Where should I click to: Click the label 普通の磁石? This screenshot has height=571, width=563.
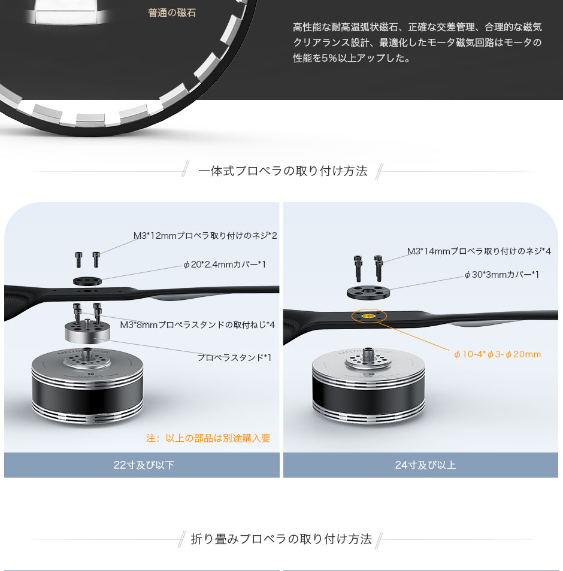coord(172,13)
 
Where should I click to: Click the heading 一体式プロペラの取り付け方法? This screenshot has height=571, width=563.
coord(283,171)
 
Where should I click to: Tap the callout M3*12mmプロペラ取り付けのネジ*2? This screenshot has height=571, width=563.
coord(205,236)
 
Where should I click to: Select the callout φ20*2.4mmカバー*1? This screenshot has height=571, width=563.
coord(225,265)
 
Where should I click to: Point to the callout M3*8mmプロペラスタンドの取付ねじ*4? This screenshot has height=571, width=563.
coord(198,324)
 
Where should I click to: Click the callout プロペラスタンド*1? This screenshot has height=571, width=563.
coord(234,357)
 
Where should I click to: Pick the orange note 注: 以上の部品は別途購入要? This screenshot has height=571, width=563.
coord(208,438)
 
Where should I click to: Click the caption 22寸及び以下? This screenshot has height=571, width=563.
coord(144,465)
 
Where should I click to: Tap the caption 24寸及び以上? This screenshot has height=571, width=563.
coord(425,465)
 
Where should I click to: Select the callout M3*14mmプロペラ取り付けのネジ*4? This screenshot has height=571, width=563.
coord(479,251)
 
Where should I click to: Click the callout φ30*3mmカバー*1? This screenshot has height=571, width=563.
coord(501,275)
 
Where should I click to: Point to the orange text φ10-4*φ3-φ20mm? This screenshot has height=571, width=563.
coord(497,354)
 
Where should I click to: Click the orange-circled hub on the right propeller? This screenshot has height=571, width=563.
coord(369,316)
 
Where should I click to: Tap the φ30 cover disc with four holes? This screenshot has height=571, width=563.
coord(368,293)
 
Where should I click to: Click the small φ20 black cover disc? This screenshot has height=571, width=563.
coord(87,281)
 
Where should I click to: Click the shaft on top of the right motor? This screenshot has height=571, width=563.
coord(368,353)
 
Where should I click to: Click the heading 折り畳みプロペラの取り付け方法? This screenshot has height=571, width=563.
coord(281,539)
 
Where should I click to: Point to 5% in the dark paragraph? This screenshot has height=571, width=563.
coord(329,58)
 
